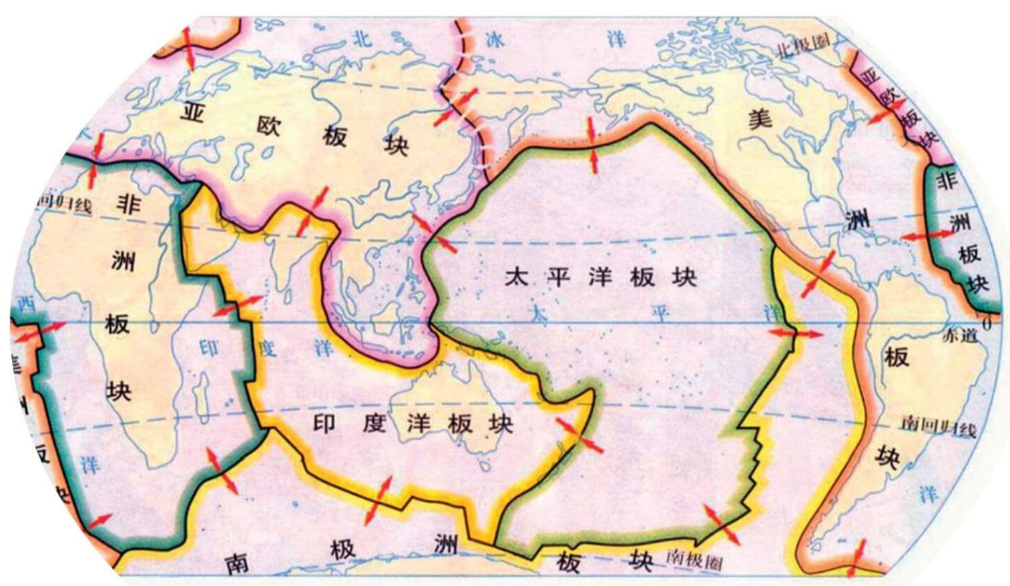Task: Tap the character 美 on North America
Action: (x=760, y=119)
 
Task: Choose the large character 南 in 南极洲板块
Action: (x=236, y=563)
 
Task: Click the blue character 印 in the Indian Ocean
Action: (x=209, y=348)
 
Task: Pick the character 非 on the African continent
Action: (x=128, y=204)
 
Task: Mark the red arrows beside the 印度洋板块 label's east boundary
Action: (x=579, y=434)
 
